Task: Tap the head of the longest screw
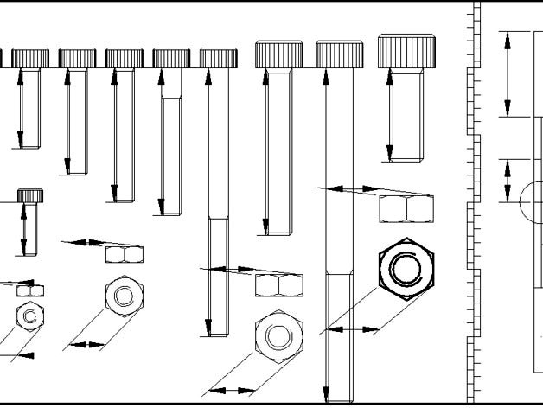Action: click(339, 55)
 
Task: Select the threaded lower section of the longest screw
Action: click(339, 337)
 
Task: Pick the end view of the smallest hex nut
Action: click(30, 315)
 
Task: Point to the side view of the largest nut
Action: click(406, 208)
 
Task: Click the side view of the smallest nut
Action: click(30, 290)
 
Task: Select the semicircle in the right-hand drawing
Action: click(530, 201)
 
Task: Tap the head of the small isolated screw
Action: click(30, 196)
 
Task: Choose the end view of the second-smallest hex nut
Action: click(125, 296)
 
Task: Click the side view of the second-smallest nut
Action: click(125, 254)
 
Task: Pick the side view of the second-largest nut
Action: click(279, 284)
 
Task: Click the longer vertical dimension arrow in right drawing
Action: click(508, 73)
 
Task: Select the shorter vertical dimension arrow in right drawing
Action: click(508, 181)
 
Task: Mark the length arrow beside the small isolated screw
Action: click(24, 229)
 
